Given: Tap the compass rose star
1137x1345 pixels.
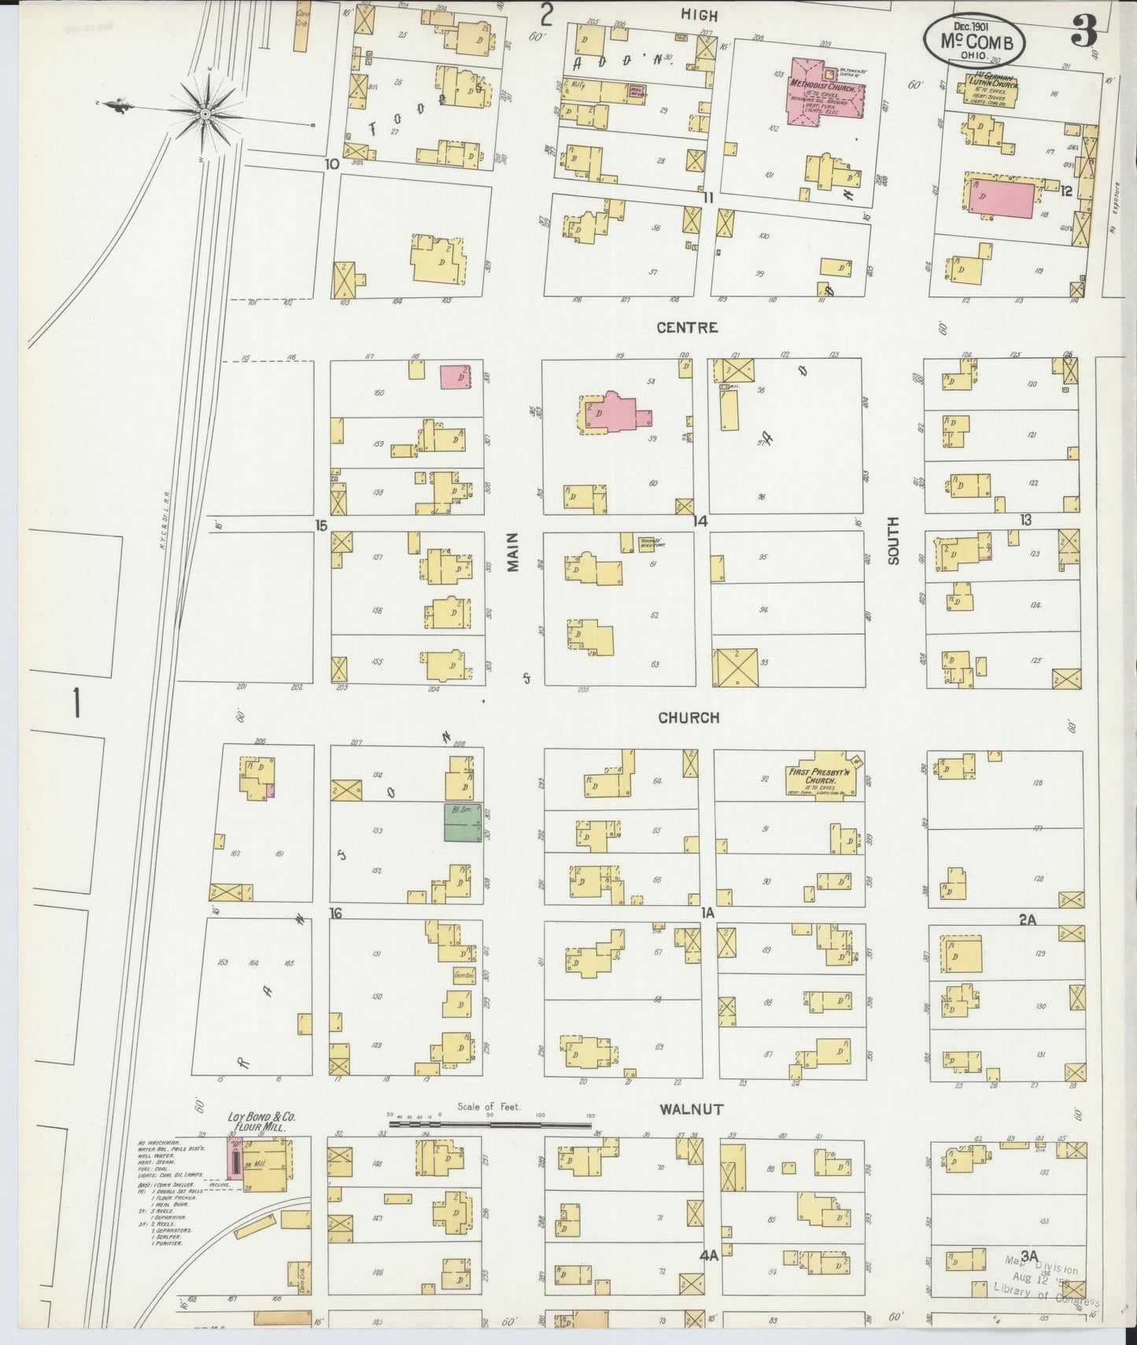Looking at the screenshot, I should click(205, 115).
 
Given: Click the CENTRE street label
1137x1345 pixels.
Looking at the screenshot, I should click(688, 327).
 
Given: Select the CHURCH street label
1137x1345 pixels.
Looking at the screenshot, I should click(688, 717).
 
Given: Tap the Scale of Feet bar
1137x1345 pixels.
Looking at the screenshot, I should click(489, 1126).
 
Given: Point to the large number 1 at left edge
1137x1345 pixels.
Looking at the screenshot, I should click(76, 702).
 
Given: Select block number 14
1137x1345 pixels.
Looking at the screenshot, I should click(700, 521).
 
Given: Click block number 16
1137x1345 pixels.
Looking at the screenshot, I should click(336, 914).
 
